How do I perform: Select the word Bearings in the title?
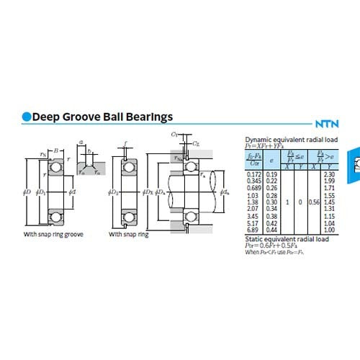pos(148,117)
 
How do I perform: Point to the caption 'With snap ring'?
pos(130,235)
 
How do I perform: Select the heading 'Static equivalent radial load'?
pos(287,238)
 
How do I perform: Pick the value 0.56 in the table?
pos(313,203)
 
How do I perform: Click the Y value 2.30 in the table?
pos(330,175)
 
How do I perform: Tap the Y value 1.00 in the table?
pos(330,230)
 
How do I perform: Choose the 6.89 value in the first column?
pos(253,230)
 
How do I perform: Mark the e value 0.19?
pos(271,175)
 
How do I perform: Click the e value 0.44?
pos(271,230)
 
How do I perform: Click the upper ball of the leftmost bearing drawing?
pos(54,168)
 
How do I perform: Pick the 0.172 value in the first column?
pos(253,175)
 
